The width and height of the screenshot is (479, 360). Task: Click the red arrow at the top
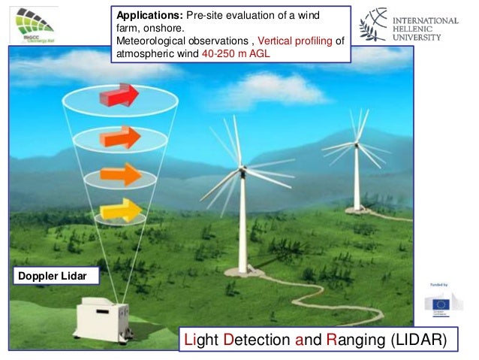click(119, 96)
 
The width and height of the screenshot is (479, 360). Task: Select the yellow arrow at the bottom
click(120, 211)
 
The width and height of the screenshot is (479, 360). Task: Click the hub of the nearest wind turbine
click(242, 171)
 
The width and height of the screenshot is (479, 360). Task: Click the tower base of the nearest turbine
click(242, 268)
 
